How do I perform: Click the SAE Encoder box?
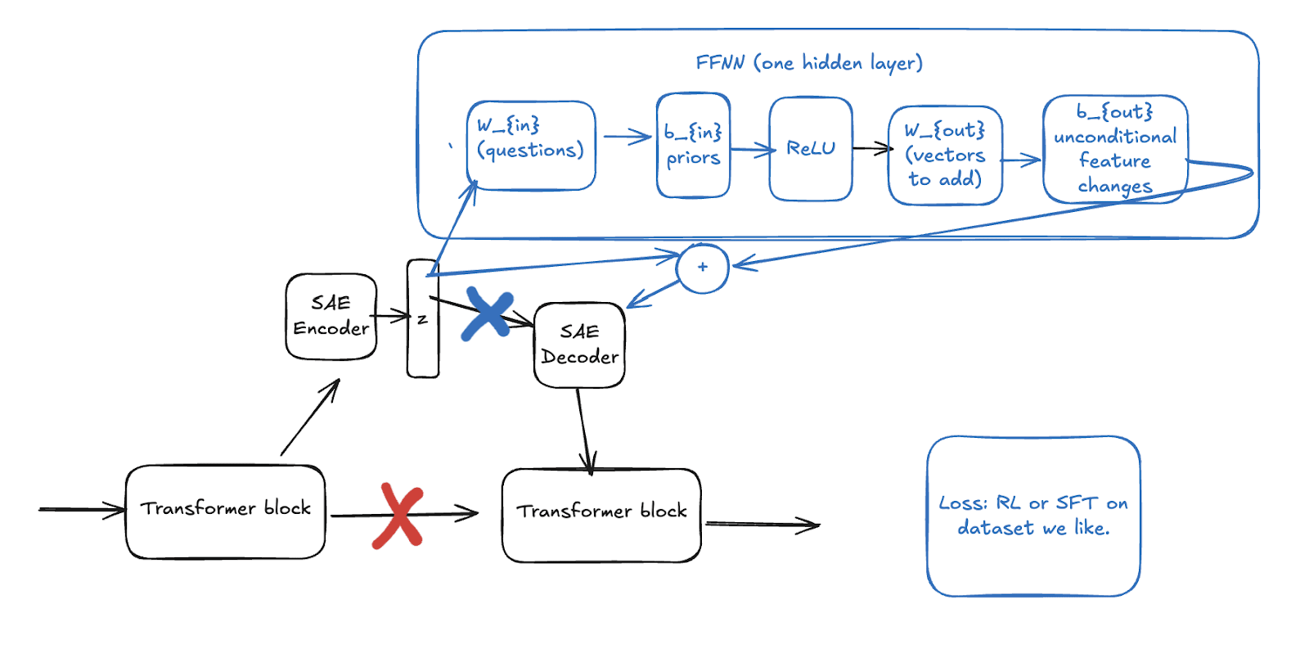331,316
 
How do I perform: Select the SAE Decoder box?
579,345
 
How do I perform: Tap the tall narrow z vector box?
422,319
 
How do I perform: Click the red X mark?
398,515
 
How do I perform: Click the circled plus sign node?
703,268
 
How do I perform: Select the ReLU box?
810,148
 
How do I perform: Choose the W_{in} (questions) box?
530,145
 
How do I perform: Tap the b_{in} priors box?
692,145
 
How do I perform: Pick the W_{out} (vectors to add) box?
945,155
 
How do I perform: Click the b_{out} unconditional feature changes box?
1114,149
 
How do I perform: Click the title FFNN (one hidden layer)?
808,63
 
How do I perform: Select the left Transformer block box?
225,512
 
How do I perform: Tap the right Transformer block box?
601,515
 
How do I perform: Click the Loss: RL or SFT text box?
1032,516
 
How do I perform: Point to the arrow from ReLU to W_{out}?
872,148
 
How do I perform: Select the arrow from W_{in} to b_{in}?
627,137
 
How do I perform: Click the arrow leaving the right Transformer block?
762,525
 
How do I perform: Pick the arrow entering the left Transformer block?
82,510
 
